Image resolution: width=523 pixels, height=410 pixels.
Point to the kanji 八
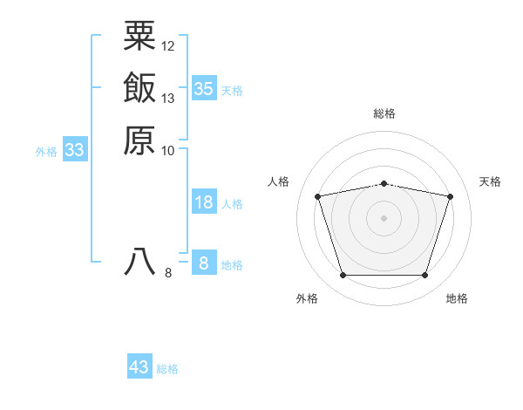point(139,263)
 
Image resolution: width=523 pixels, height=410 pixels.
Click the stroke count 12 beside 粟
point(168,45)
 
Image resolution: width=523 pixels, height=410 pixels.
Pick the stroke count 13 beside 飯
point(168,98)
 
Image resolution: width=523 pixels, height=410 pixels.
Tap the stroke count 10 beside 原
point(168,150)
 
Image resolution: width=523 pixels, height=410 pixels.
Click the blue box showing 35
point(203,88)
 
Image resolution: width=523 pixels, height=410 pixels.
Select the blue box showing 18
point(203,202)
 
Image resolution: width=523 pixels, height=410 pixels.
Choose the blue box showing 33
point(74,150)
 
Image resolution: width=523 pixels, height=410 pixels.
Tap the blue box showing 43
point(139,367)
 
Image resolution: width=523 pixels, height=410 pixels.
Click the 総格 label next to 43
point(167,369)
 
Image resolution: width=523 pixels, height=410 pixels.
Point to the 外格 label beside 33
point(46,152)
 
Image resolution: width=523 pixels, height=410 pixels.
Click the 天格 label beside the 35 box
point(232,90)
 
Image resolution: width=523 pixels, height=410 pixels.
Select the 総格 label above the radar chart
point(384,113)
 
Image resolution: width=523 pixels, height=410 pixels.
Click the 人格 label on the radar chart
point(279,181)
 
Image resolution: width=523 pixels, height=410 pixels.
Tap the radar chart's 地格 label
point(457,298)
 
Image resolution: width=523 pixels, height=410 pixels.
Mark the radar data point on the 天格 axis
point(451,196)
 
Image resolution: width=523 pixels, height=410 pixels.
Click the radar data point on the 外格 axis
point(343,276)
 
